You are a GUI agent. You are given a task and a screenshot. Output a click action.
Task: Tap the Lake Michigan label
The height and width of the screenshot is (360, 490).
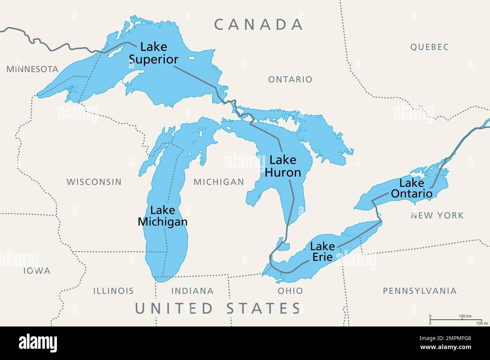tap(162, 216)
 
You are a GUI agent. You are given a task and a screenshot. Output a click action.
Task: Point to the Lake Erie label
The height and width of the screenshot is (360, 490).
tap(322, 252)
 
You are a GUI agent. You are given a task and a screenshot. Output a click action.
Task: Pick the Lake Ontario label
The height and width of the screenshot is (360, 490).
tap(411, 188)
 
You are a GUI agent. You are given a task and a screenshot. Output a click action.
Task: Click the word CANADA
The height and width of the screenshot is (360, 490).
tap(259, 24)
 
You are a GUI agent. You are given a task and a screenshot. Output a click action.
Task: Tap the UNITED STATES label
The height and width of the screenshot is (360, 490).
tap(218, 308)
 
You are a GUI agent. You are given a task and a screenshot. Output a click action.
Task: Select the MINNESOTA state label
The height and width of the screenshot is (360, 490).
tap(32, 69)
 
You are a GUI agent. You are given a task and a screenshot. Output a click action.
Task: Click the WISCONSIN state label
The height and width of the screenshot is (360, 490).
tap(94, 182)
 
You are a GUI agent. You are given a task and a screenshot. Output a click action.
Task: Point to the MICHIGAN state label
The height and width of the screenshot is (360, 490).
tap(219, 182)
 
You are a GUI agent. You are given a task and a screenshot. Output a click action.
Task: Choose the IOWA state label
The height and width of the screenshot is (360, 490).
tap(37, 271)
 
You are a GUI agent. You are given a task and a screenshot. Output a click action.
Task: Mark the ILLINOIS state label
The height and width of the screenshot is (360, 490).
tap(113, 291)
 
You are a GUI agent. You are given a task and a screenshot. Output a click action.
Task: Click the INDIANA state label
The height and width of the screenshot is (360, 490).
tap(192, 291)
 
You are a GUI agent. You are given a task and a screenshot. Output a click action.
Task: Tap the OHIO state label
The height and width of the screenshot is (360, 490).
tap(290, 291)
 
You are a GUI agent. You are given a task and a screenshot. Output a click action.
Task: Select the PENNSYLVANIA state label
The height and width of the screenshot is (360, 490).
tap(420, 291)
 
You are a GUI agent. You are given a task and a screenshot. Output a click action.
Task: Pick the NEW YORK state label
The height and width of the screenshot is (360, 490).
tap(437, 215)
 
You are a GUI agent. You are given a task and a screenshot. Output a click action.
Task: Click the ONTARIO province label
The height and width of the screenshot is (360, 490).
tap(290, 79)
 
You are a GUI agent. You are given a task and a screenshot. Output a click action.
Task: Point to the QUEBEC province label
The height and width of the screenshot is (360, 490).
tap(430, 47)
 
